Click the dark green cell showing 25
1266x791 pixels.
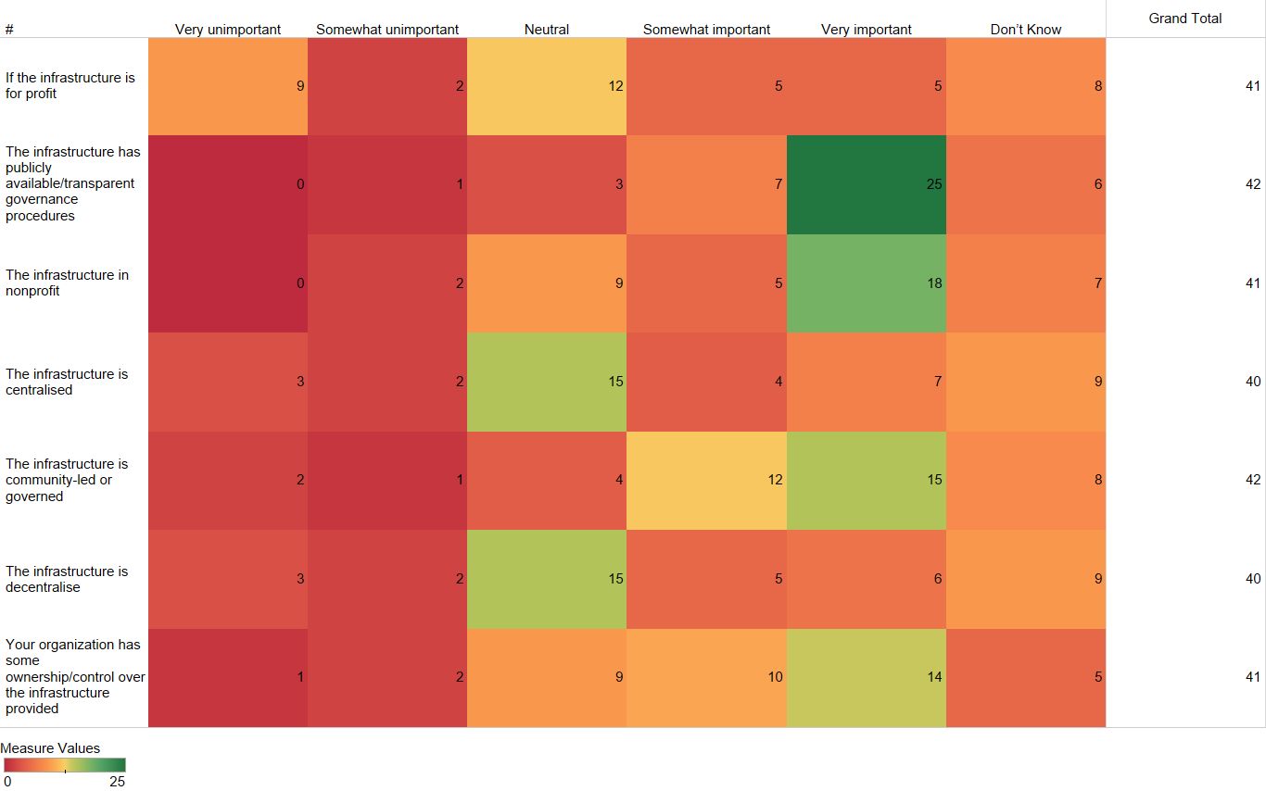coord(867,184)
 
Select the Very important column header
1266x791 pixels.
coord(867,30)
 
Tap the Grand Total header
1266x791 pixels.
coord(1185,19)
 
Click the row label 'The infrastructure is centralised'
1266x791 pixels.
coord(67,382)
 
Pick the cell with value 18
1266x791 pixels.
coord(867,283)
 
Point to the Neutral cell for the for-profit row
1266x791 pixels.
coord(547,86)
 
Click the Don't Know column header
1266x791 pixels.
coord(1026,30)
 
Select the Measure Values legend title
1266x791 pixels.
coord(50,748)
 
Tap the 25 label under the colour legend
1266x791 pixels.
coord(117,781)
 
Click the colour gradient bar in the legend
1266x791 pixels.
coord(64,765)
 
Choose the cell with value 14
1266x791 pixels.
coord(867,677)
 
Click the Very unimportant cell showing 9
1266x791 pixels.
coord(228,86)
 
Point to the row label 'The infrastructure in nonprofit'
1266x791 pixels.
coord(67,282)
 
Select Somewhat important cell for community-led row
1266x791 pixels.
coord(706,480)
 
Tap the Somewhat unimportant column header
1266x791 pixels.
coord(387,30)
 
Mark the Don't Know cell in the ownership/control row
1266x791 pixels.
coord(1026,677)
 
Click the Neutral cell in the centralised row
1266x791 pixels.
coord(547,382)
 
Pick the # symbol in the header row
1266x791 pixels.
coord(9,30)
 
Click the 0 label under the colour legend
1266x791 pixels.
coord(7,781)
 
